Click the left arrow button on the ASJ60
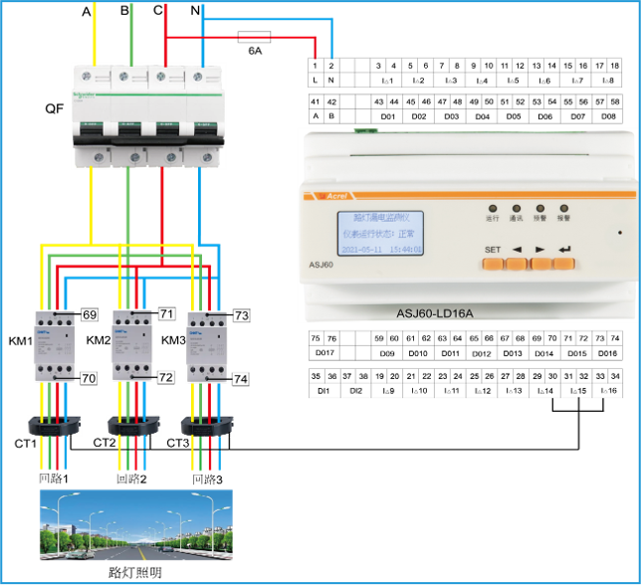point(517,264)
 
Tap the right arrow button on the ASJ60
point(540,264)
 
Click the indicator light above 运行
point(492,209)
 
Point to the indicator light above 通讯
point(516,209)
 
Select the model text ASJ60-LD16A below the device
point(435,313)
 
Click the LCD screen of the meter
point(379,233)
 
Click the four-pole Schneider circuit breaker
point(148,115)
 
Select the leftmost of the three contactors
point(56,345)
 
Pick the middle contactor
point(132,345)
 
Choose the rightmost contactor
point(208,345)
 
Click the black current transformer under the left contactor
point(55,426)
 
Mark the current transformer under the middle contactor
point(132,426)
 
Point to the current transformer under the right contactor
point(207,426)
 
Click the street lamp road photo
point(135,524)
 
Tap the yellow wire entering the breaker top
point(95,30)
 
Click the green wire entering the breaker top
point(130,30)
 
